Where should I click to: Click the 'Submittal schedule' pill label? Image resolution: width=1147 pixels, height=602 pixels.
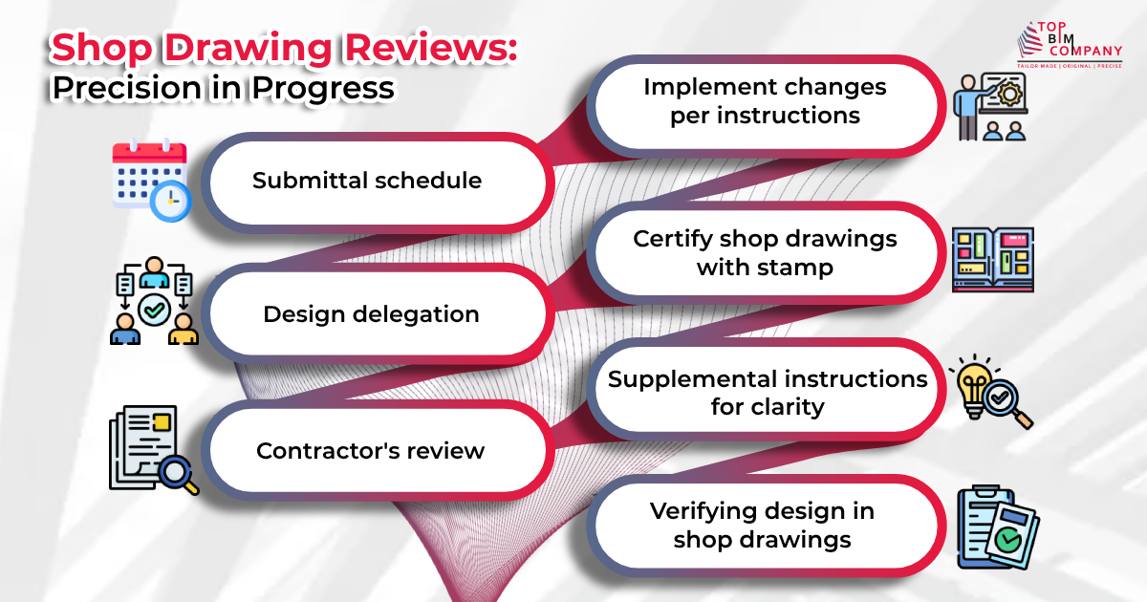click(x=367, y=181)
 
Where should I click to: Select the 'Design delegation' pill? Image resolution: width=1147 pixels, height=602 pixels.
click(x=371, y=313)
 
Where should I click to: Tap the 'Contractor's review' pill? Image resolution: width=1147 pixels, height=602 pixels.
click(x=371, y=450)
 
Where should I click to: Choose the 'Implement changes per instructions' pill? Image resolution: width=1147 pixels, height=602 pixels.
click(x=764, y=101)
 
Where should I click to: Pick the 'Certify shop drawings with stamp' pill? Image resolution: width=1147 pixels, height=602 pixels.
click(x=765, y=252)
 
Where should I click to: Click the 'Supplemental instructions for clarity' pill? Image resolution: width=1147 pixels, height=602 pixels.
click(x=768, y=392)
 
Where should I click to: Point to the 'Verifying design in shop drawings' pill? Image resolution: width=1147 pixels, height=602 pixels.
click(x=762, y=525)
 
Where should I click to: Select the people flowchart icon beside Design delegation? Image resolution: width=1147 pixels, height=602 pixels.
click(x=154, y=305)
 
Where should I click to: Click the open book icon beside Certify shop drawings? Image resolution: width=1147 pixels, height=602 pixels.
click(x=993, y=258)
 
